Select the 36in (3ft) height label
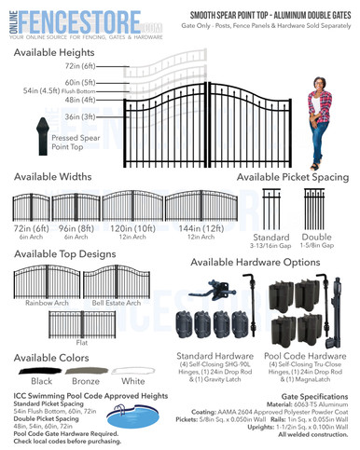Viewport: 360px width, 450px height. pyautogui.click(x=81, y=117)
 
